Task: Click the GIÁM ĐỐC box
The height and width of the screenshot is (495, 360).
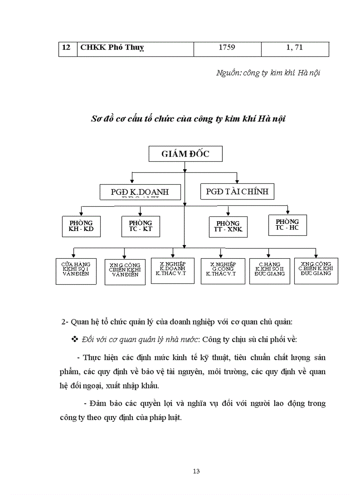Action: (x=185, y=154)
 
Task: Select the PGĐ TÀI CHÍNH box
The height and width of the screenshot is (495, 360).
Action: (x=237, y=192)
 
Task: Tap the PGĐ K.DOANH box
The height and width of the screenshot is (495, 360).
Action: (x=134, y=192)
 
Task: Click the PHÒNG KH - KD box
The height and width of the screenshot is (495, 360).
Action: (x=81, y=226)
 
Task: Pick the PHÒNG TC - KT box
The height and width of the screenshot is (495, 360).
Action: (x=140, y=226)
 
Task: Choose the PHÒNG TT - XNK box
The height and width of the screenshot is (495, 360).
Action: (x=228, y=227)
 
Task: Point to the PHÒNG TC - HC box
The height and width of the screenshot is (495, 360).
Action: (x=287, y=225)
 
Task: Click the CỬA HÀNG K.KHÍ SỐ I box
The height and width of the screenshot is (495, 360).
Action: (x=76, y=271)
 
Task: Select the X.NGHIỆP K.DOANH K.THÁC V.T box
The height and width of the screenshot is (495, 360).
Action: (x=172, y=270)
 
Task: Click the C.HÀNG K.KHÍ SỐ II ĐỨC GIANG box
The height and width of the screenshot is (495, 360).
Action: (x=270, y=270)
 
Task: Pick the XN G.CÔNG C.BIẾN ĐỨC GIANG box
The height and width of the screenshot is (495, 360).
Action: (x=316, y=270)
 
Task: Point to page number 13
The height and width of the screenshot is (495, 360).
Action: (x=196, y=471)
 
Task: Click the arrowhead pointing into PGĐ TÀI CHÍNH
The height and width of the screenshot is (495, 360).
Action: (x=237, y=181)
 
